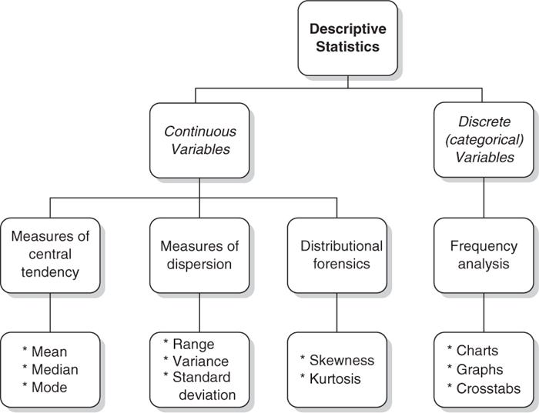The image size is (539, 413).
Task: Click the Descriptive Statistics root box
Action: [348, 38]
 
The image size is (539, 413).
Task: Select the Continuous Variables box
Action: [199, 140]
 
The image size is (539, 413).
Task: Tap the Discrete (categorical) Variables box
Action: [484, 140]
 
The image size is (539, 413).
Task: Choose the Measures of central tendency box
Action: [50, 255]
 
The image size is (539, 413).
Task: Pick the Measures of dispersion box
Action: [199, 255]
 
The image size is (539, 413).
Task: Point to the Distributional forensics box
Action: [336, 255]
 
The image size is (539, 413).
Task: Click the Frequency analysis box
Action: [484, 255]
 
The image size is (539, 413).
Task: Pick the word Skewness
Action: [342, 361]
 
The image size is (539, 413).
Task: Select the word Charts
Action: [478, 351]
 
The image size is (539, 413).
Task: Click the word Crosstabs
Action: [488, 388]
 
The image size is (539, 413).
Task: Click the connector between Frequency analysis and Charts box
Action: [484, 312]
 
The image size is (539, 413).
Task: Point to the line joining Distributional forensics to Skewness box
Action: [336, 312]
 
